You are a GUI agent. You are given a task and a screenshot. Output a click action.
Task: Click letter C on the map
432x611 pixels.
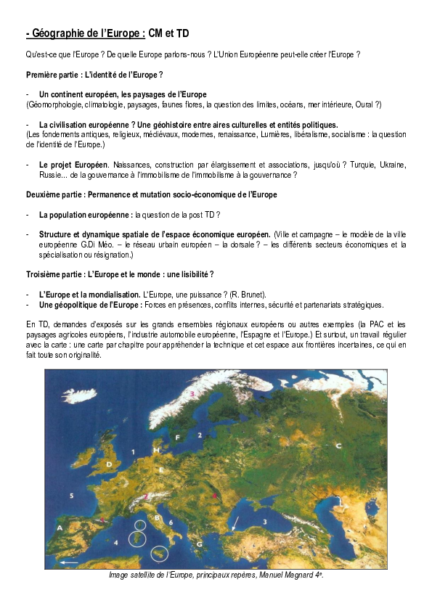click(x=338, y=445)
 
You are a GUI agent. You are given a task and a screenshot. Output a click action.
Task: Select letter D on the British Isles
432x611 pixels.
click(x=109, y=463)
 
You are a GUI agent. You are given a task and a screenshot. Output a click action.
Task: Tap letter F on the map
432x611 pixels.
click(x=177, y=437)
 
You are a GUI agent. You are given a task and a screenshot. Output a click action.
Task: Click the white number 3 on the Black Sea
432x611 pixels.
click(x=265, y=521)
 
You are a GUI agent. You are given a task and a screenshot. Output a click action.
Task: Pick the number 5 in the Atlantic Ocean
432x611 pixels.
click(x=71, y=495)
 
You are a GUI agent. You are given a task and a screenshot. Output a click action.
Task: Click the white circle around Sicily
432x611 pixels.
click(x=158, y=554)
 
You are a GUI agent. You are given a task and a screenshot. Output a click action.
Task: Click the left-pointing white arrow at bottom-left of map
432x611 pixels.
click(x=68, y=562)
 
